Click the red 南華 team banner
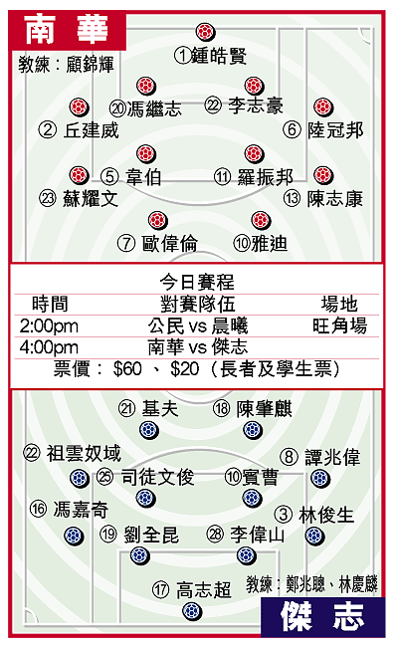click(68, 30)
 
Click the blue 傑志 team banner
click(322, 617)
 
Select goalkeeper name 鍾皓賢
click(219, 56)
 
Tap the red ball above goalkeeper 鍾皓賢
click(205, 32)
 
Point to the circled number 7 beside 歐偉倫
click(126, 243)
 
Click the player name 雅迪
click(270, 243)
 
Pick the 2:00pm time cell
click(49, 326)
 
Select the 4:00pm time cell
click(49, 347)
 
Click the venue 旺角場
click(340, 325)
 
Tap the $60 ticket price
click(127, 368)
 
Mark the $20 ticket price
click(185, 368)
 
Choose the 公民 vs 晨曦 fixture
click(198, 325)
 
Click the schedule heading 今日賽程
click(197, 283)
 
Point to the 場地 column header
click(339, 305)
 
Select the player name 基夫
click(160, 409)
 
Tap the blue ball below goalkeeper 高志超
click(192, 611)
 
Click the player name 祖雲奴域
click(84, 453)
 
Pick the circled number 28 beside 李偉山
click(215, 534)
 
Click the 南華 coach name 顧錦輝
click(91, 65)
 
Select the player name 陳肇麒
click(264, 409)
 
